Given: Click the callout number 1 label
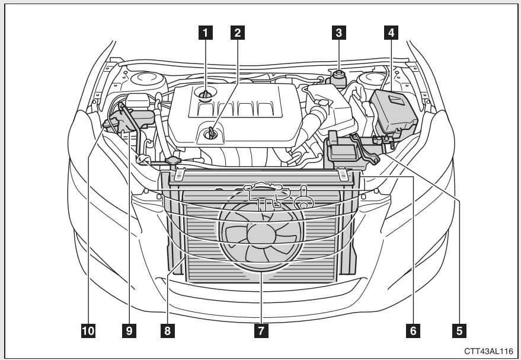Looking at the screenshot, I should coord(206,33).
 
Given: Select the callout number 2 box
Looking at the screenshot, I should coord(238,33).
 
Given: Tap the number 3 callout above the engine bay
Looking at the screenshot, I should coord(338,33).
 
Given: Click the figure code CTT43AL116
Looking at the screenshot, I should coord(488,351).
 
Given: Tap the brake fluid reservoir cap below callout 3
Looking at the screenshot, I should coord(339,78).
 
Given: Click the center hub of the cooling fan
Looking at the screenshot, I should coord(259,233).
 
